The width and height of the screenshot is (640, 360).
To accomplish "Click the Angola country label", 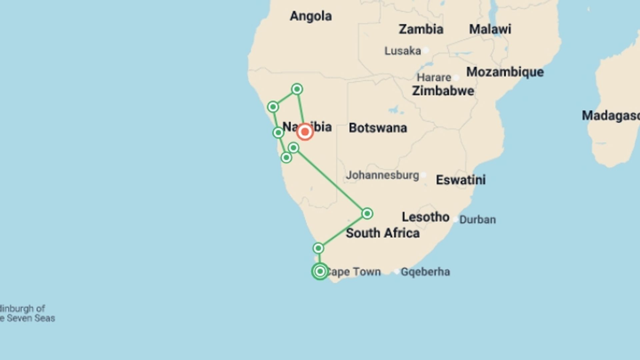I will coord(311,16).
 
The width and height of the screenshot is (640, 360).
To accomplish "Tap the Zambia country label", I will coord(421,29).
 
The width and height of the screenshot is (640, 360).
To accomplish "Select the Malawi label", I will coord(490,29).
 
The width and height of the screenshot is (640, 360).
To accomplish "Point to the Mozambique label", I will coord(505,72).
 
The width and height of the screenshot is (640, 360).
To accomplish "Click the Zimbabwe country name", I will coord(443,91).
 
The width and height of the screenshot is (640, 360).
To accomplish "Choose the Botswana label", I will coord(378,128).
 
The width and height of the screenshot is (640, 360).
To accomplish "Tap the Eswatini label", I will coord(461,180).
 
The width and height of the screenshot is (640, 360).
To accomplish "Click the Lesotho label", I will coord(425,217).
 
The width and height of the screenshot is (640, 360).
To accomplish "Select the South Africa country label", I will coord(383,233).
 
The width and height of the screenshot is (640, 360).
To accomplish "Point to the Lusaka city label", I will coord(403,51).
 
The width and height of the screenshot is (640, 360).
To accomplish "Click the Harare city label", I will coord(434,78).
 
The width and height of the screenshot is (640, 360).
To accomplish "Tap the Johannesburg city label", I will coord(382,175).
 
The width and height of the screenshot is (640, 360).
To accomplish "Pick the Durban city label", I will coord(477,220).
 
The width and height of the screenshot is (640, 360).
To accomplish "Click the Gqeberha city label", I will coord(425,272).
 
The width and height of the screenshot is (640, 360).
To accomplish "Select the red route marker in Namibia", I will coord(305,132).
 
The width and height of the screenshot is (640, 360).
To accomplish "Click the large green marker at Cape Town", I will coord(320,271).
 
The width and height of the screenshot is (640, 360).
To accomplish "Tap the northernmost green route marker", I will coord(297,89).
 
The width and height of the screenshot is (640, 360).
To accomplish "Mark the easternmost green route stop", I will coord(367,213).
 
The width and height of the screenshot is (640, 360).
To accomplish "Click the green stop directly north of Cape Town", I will coord(318,248).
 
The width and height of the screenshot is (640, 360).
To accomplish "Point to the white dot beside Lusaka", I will coord(426,51).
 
